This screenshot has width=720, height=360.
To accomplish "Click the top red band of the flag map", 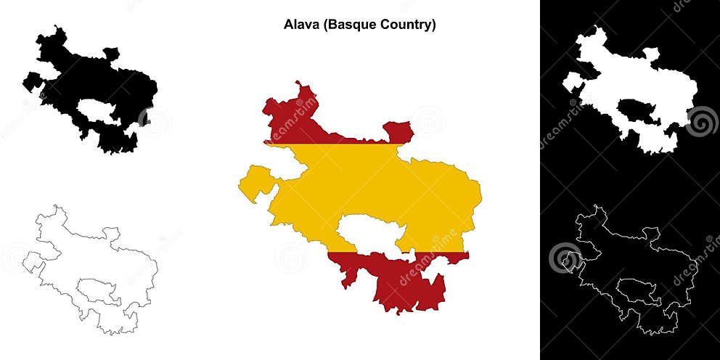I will pos(290,123).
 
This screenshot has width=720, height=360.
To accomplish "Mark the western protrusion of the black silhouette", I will pos(32,81).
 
